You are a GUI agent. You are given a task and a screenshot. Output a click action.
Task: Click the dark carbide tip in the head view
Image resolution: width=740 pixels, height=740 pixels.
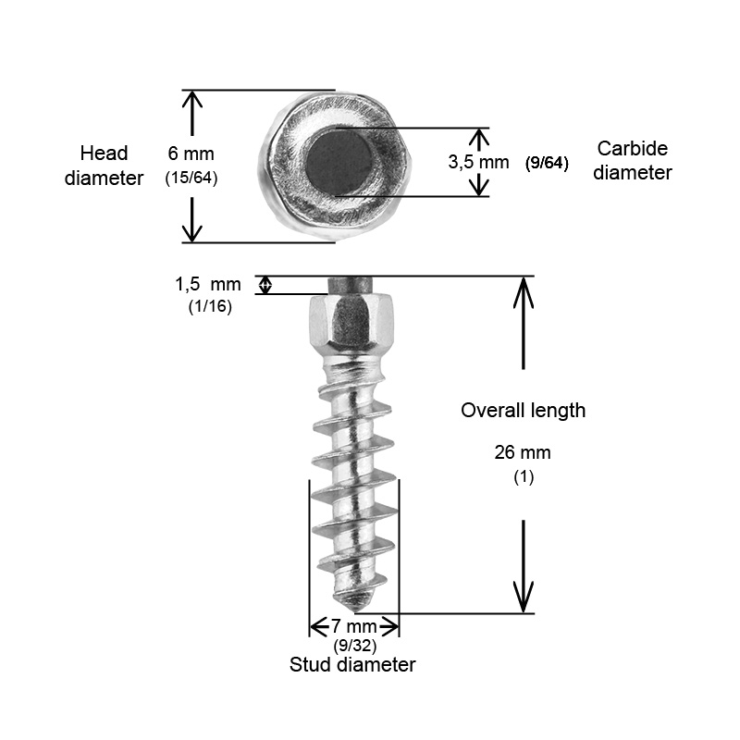click(x=339, y=163)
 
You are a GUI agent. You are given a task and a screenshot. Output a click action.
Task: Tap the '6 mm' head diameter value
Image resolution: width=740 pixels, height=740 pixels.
click(x=191, y=154)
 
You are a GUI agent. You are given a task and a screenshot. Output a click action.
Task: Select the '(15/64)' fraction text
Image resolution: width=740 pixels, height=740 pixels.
click(x=191, y=178)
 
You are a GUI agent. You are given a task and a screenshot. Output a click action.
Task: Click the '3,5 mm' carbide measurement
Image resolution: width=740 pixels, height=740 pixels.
click(x=478, y=163)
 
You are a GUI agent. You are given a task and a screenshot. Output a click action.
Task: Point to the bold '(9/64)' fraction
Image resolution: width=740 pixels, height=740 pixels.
click(x=547, y=164)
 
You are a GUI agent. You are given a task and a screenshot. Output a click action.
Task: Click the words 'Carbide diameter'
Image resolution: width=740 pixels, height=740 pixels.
click(x=633, y=160)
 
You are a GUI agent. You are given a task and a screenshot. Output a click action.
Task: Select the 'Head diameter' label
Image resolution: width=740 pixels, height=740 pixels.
click(x=104, y=166)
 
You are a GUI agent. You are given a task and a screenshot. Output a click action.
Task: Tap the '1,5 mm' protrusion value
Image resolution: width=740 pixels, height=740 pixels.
click(x=207, y=284)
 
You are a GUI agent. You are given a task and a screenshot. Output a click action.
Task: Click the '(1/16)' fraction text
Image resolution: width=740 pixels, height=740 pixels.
click(x=210, y=307)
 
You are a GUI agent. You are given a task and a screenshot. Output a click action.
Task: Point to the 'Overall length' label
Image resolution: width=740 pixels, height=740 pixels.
click(x=523, y=410)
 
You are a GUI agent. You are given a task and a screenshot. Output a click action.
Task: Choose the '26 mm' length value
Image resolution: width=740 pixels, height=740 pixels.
click(x=523, y=452)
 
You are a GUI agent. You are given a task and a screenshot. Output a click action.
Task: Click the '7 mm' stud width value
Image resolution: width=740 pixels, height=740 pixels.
click(x=354, y=626)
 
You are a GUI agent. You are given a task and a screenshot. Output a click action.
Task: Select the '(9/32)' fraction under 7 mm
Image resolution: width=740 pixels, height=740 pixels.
click(x=355, y=645)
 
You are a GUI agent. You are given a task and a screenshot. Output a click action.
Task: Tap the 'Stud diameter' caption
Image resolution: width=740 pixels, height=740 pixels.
click(x=352, y=664)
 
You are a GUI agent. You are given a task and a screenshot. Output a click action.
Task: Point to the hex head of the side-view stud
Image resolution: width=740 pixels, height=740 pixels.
click(x=351, y=322)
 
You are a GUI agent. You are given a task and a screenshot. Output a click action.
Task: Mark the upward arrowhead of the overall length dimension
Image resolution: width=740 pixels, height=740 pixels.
click(x=523, y=292)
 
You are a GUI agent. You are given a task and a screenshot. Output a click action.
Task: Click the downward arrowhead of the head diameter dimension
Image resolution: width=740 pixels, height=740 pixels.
click(x=192, y=230)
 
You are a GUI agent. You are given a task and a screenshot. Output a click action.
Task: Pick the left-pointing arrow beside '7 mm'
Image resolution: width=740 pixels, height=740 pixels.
click(x=319, y=626)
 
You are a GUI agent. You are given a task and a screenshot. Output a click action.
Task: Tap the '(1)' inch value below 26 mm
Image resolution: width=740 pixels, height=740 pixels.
click(x=524, y=476)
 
